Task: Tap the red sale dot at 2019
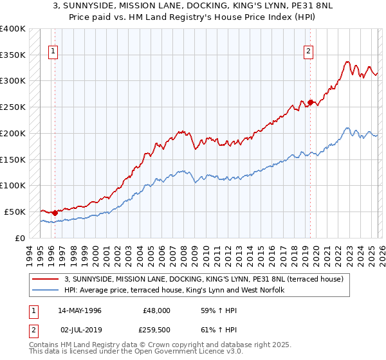310,102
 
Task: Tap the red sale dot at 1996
55,213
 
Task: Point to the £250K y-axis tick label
13,107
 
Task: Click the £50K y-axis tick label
15,212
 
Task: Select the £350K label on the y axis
13,55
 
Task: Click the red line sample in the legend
46,279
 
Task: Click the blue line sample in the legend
46,291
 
